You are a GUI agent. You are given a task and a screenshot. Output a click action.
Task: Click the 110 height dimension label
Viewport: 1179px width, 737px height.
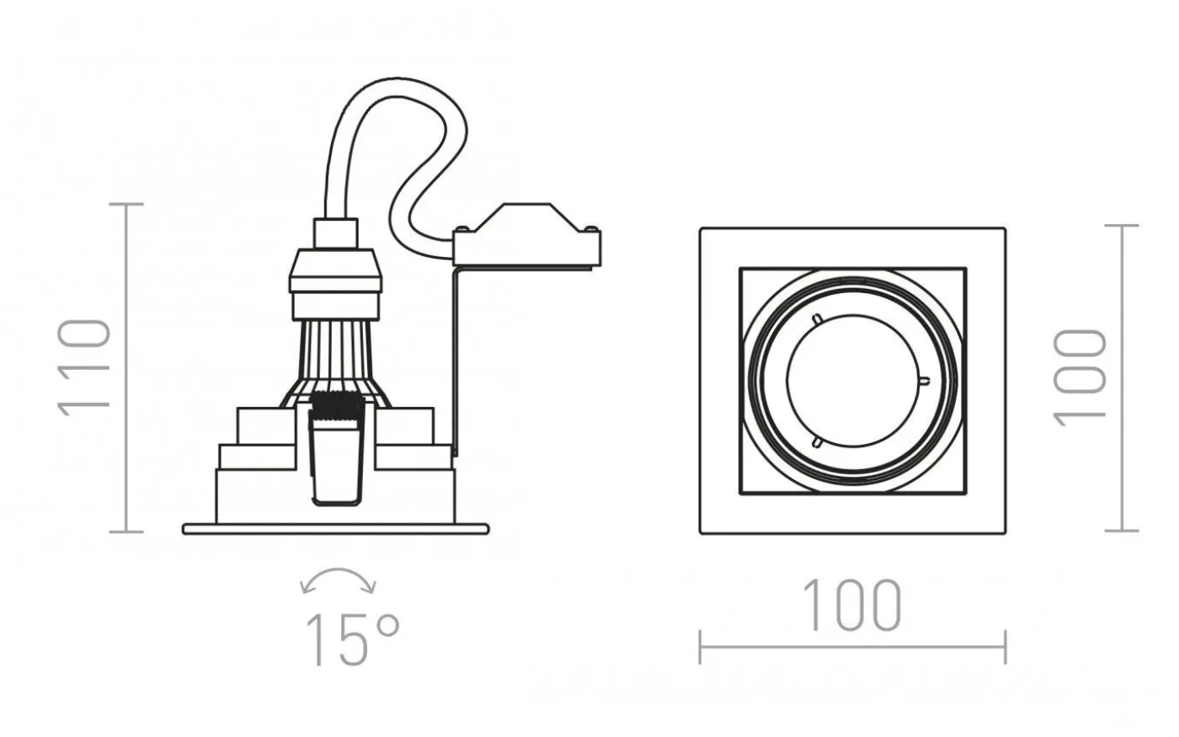point(84,367)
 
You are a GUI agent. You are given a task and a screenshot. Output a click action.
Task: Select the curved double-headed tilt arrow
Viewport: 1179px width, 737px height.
point(338,572)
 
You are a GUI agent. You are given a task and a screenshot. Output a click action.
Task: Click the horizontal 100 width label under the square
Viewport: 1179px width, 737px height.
point(851,606)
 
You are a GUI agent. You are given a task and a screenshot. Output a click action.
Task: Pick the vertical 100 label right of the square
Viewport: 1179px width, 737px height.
point(1079,377)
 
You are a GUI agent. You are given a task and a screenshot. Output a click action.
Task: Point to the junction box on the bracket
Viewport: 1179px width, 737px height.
point(527,236)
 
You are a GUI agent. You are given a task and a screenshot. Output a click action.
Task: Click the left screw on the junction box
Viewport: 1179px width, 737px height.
point(461,228)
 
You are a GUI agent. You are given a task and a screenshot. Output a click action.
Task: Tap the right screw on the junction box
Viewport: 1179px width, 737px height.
point(591,228)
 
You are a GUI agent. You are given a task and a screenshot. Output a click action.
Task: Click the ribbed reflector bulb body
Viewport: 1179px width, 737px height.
point(335,363)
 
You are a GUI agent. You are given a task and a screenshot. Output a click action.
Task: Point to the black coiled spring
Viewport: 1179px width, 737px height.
point(337,405)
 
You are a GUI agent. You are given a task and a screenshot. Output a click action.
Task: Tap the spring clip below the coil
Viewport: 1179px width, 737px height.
point(337,462)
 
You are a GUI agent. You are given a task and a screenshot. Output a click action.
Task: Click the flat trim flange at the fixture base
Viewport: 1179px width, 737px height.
point(336,529)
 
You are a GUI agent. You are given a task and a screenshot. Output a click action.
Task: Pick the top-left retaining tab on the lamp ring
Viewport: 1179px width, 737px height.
point(818,319)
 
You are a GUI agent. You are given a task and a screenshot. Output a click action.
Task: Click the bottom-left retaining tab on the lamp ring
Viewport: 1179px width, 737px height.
point(818,442)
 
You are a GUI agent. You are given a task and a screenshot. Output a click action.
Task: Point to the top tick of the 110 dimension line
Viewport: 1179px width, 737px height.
point(126,204)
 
